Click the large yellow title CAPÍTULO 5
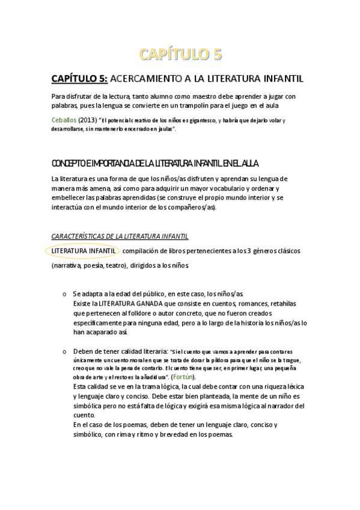click(x=180, y=55)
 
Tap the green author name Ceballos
click(x=64, y=120)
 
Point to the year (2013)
click(x=87, y=120)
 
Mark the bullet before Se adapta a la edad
click(x=64, y=294)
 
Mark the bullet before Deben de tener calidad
click(x=64, y=351)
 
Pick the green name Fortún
click(x=180, y=376)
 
